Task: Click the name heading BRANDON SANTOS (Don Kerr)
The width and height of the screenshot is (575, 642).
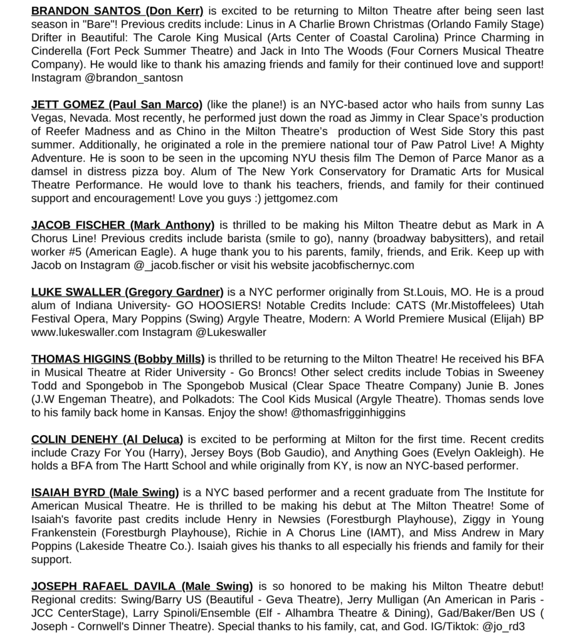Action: click(117, 11)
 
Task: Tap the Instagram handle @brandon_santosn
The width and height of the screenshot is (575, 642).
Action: click(129, 78)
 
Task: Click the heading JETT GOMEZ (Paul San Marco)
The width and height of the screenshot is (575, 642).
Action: click(117, 105)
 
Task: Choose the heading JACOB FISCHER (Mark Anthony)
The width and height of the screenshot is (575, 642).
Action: click(122, 225)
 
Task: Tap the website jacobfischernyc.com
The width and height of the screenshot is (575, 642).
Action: click(363, 265)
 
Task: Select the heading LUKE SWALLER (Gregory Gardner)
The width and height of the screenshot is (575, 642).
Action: click(127, 292)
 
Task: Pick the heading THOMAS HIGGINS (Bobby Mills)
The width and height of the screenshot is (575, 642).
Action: click(118, 359)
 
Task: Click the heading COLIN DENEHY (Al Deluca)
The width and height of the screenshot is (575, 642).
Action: click(107, 439)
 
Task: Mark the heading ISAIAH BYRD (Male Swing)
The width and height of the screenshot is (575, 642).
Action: click(105, 493)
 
